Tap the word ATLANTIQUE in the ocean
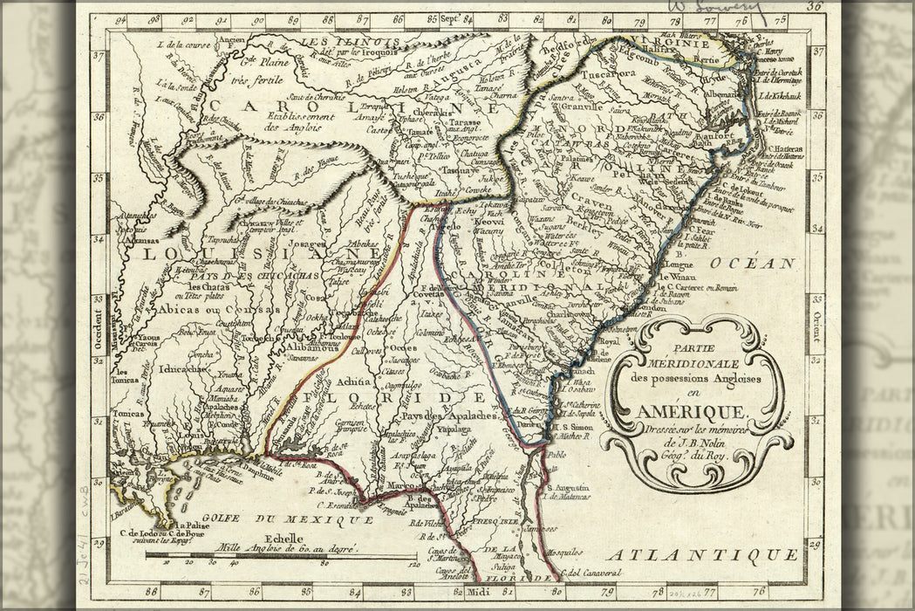tap(703, 555)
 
